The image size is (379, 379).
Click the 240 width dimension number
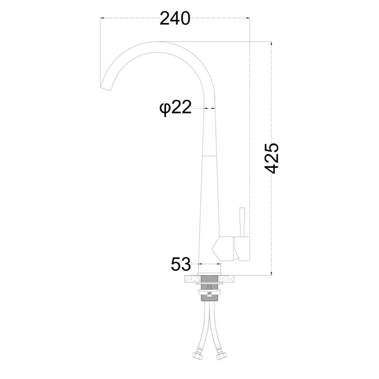pyautogui.click(x=175, y=18)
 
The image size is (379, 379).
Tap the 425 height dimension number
pyautogui.click(x=271, y=158)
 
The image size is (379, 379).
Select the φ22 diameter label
pyautogui.click(x=175, y=108)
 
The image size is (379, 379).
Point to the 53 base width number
pyautogui.click(x=181, y=264)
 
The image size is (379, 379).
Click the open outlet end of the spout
pyautogui.click(x=105, y=89)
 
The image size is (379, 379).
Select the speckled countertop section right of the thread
pyautogui.click(x=227, y=279)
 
